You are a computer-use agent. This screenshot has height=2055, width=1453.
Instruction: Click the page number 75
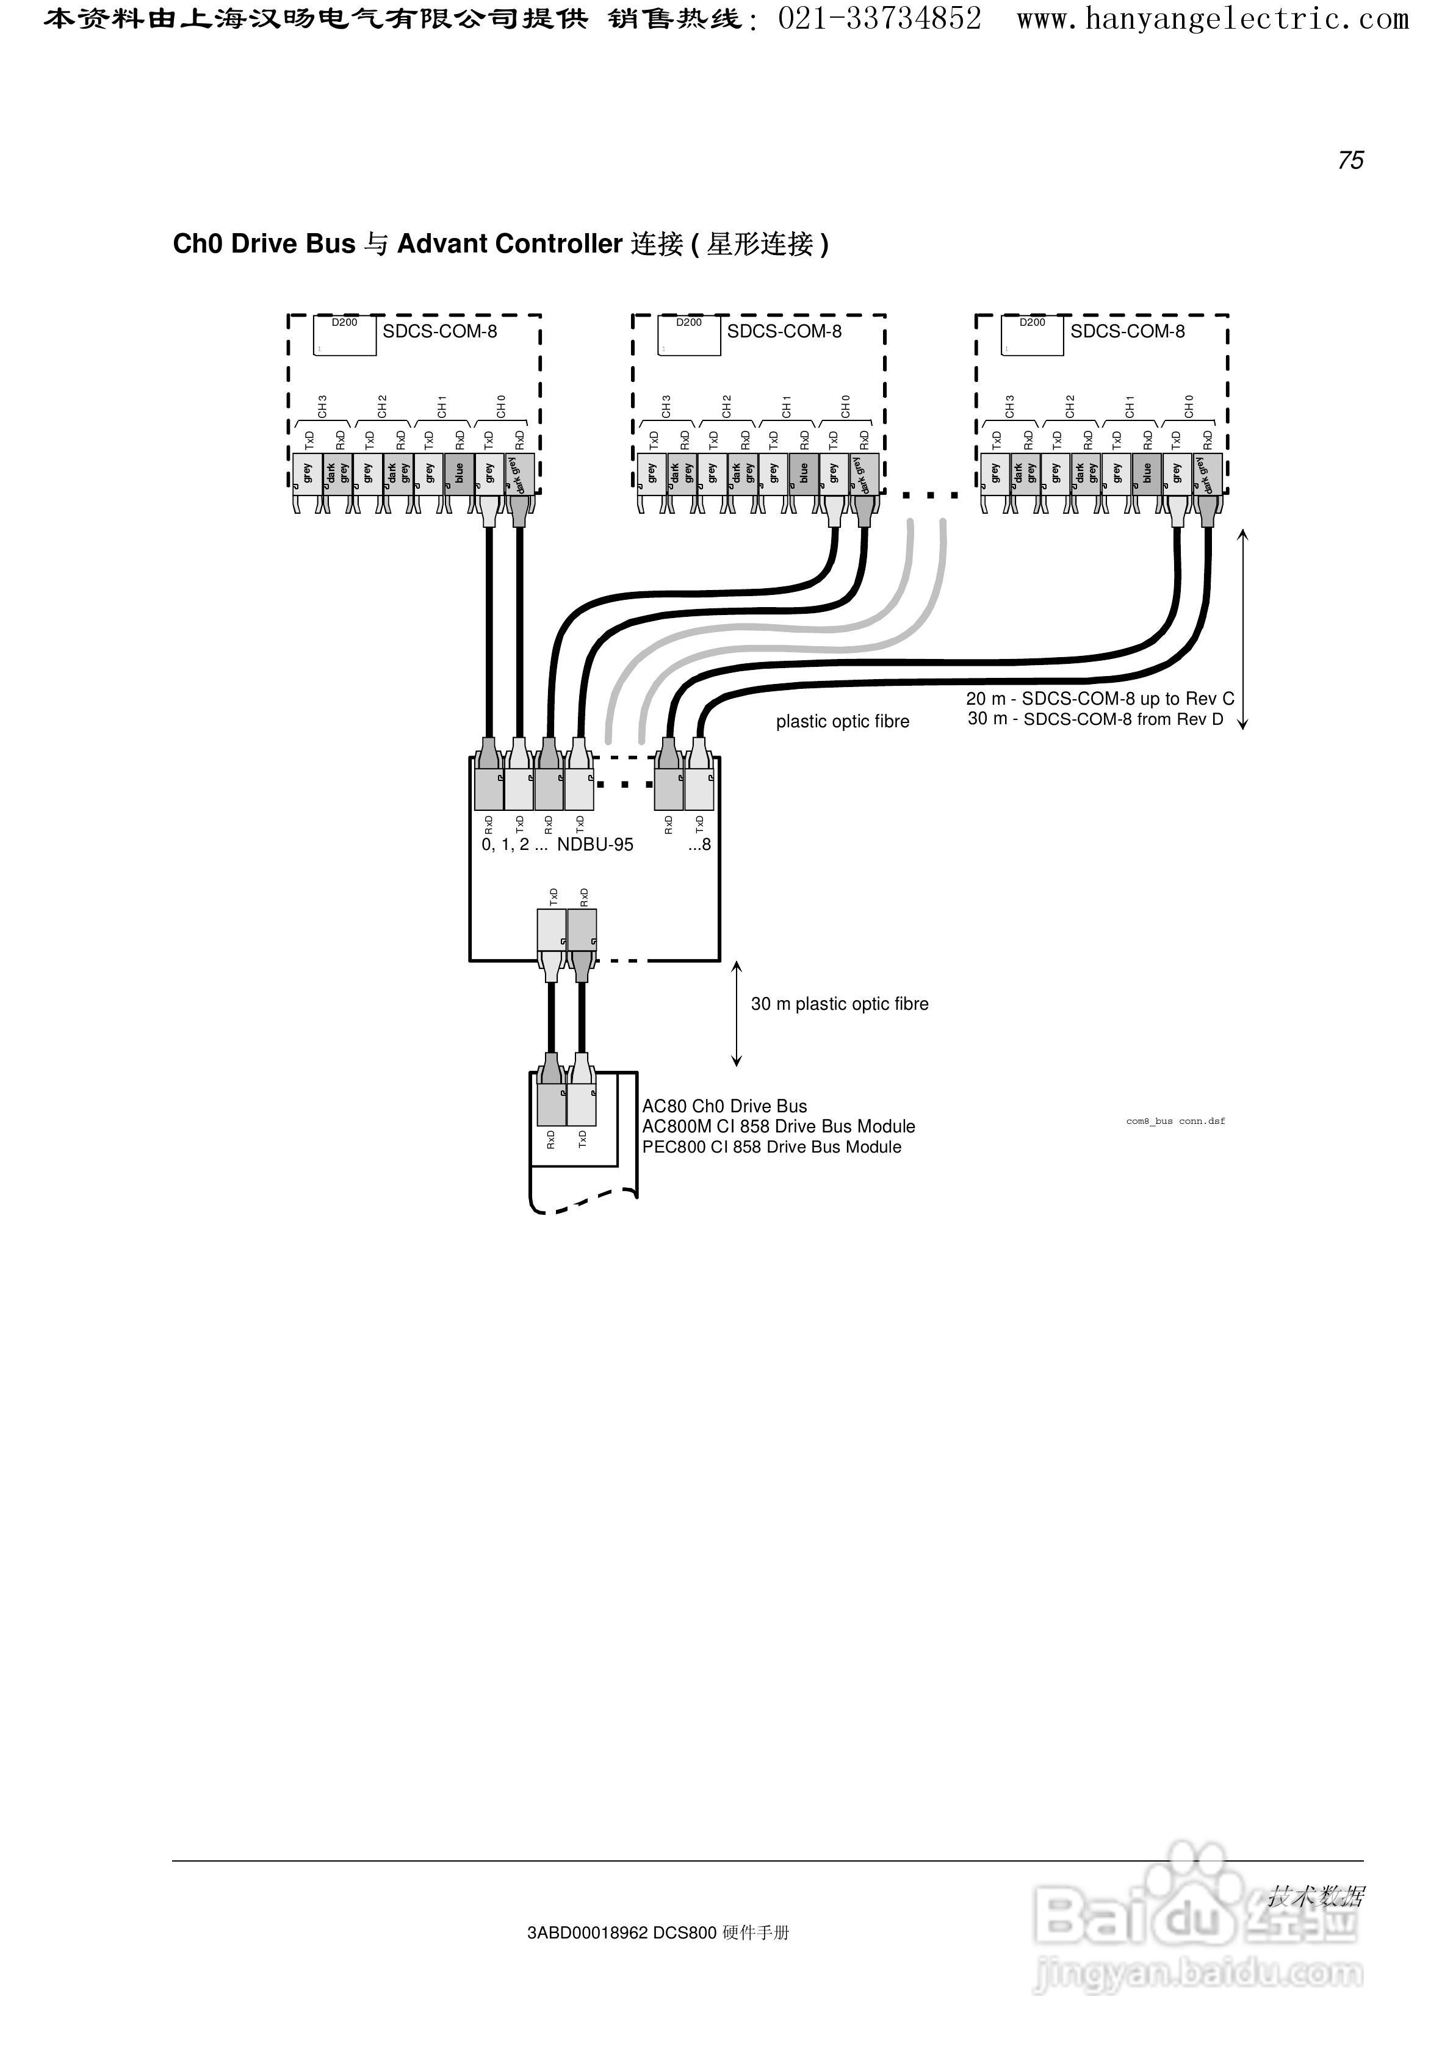click(x=1350, y=160)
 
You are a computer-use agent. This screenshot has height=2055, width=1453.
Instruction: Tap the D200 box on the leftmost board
click(x=345, y=336)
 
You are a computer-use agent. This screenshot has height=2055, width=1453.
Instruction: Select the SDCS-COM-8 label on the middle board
click(x=784, y=331)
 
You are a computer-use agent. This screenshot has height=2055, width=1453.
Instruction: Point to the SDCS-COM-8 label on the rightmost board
click(x=1127, y=331)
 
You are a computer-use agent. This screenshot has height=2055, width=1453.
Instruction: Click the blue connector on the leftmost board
click(x=460, y=473)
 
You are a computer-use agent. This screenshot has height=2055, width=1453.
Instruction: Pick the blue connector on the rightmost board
click(x=1147, y=473)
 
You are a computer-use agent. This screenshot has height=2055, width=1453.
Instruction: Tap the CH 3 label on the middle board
click(x=666, y=406)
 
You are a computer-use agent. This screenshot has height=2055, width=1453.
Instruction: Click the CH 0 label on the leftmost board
click(x=502, y=406)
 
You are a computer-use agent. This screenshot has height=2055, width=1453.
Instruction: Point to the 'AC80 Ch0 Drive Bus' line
click(x=724, y=1106)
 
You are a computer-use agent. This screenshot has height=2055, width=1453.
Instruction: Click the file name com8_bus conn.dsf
click(x=1175, y=1121)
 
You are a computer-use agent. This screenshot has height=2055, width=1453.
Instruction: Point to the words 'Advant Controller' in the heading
click(x=510, y=244)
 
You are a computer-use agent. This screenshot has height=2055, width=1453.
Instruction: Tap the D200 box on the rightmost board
click(x=1032, y=336)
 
